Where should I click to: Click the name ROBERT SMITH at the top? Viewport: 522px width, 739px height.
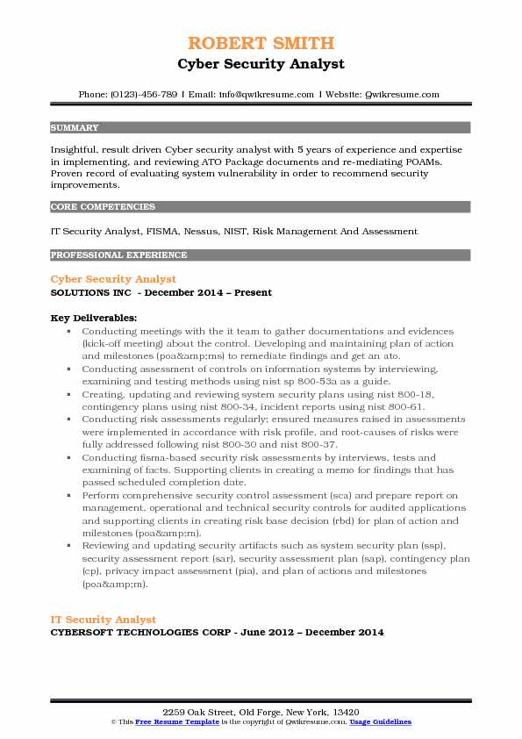click(261, 43)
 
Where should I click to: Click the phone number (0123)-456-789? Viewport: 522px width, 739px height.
click(143, 94)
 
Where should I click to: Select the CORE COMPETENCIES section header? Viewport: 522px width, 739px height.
click(103, 207)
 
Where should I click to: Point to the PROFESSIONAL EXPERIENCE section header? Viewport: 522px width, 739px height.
click(119, 255)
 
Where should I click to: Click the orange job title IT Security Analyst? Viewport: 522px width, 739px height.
click(104, 620)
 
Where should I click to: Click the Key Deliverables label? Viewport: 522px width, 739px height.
click(93, 317)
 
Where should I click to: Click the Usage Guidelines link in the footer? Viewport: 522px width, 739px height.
click(381, 721)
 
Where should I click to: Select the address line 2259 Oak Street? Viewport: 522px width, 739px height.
click(261, 710)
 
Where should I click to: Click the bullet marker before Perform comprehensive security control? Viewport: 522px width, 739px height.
click(68, 496)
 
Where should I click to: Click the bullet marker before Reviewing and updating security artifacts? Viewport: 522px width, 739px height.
click(68, 546)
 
